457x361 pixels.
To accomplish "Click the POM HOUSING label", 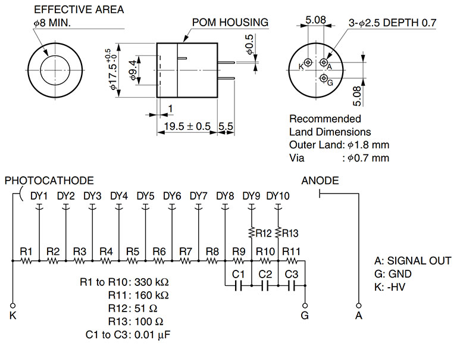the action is coord(230,23).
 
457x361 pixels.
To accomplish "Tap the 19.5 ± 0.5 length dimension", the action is coord(187,126).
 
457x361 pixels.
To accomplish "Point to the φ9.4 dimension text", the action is coord(133,70).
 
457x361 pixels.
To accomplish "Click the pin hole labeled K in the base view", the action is coord(308,63).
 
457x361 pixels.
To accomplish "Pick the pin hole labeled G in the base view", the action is coord(324,78).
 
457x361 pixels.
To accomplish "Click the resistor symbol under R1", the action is coord(26,260).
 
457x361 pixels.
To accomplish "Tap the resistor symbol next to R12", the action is coord(251,233).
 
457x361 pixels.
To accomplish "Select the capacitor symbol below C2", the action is coord(265,286).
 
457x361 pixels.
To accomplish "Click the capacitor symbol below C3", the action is coord(292,286).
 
